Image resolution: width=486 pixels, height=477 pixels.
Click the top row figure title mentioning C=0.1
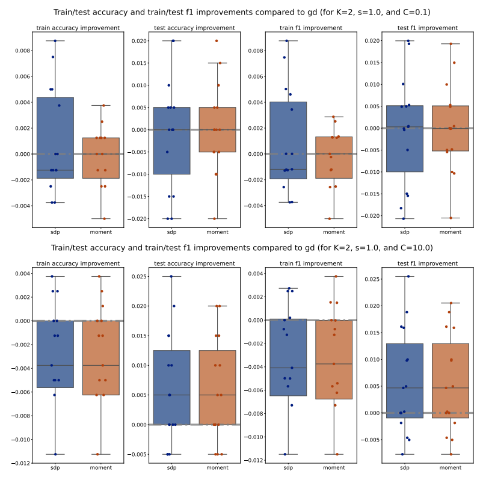(242, 12)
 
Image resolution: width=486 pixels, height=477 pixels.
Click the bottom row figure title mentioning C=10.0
(242, 247)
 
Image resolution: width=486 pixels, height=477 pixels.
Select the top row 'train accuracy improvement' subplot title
(78, 28)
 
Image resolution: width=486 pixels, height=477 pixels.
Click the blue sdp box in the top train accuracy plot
(55, 138)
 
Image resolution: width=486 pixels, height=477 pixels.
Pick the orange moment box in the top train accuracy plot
(100, 158)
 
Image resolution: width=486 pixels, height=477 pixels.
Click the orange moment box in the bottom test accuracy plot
(217, 387)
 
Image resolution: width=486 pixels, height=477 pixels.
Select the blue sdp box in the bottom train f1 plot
(288, 357)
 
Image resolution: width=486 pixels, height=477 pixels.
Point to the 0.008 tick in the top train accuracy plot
(20, 51)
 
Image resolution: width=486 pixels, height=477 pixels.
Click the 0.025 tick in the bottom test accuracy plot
(137, 277)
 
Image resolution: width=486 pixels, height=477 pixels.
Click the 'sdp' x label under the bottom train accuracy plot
(55, 468)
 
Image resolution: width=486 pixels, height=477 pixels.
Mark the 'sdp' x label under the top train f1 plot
(288, 232)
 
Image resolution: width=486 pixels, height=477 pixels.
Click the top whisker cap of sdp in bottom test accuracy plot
(171, 277)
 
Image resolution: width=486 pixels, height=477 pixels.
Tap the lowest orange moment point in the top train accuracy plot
(103, 218)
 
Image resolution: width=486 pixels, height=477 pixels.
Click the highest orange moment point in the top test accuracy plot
(217, 41)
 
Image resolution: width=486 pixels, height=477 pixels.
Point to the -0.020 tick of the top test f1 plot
(371, 216)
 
